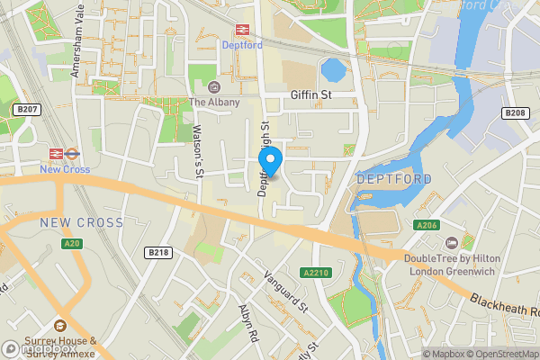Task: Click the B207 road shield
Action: [x=27, y=109]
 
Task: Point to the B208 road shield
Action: [x=515, y=112]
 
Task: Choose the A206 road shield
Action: [x=426, y=225]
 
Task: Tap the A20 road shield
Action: [x=72, y=243]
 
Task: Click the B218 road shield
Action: [x=158, y=252]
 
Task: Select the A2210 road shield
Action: [x=316, y=273]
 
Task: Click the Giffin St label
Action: [x=310, y=94]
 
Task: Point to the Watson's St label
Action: [x=198, y=148]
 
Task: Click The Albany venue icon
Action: [x=213, y=87]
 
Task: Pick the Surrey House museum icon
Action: [x=60, y=325]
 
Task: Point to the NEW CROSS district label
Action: [x=76, y=221]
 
